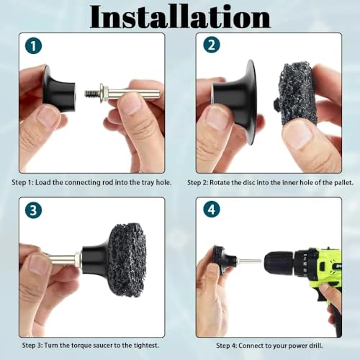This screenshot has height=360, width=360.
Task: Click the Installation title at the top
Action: [180, 16]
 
